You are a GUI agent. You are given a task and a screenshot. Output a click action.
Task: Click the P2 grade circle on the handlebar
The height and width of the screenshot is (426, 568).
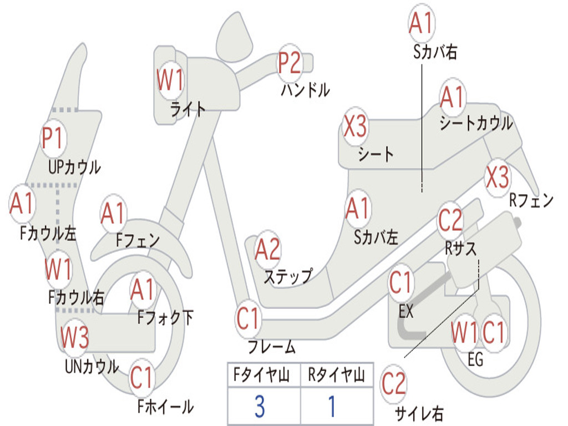coord(290,63)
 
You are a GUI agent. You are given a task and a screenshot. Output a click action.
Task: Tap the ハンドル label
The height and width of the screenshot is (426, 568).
coord(305,90)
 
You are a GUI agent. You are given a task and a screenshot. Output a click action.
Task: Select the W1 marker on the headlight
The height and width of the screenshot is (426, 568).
coord(170,81)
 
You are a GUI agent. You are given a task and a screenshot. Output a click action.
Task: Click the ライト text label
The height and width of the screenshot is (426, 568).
coord(188,109)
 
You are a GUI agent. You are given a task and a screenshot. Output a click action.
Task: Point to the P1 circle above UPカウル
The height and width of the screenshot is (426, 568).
coord(53,139)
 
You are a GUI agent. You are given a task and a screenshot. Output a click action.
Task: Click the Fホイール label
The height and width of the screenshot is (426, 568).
coord(165,407)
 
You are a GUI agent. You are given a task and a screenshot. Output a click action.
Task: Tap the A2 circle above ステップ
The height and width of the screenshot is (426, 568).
coord(267,251)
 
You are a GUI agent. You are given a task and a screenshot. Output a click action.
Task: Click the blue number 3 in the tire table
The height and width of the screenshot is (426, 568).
coord(260,407)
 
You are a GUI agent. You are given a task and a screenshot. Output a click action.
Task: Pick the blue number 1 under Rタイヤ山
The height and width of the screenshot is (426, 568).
coord(332,407)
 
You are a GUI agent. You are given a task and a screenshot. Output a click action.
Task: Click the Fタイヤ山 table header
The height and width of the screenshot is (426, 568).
coord(260,376)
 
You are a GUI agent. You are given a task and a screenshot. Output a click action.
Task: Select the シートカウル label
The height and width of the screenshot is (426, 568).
coord(476,124)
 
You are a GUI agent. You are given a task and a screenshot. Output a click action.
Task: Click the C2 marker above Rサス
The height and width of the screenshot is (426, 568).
coord(450,221)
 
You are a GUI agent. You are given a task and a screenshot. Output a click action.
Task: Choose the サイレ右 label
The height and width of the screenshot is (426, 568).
coord(419,413)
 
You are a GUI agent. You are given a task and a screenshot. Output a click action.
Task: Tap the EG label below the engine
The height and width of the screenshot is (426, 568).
coord(475,359)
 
